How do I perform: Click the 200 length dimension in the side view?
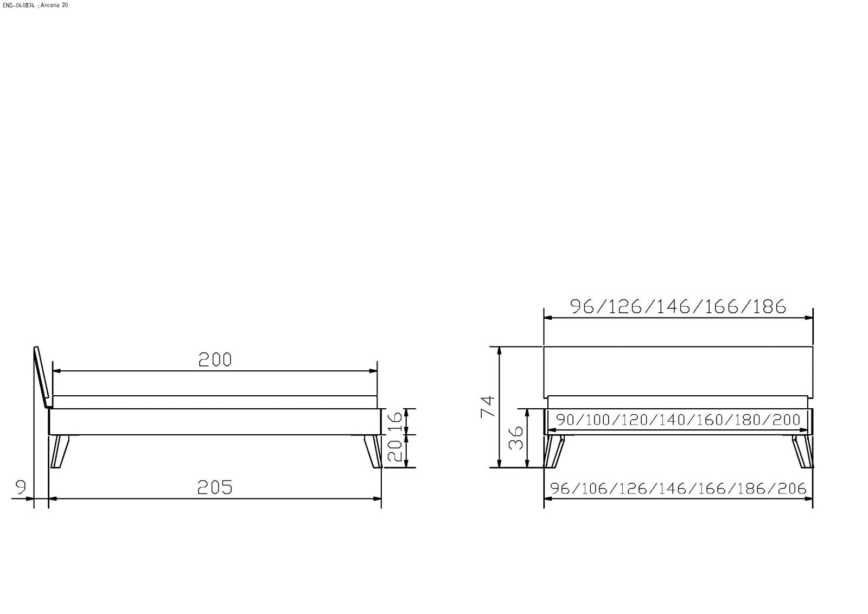point(215,359)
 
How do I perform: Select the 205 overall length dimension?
point(215,487)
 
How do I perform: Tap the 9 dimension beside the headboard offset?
point(21,487)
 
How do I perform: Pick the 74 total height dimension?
point(488,407)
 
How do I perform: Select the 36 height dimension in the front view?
point(515,438)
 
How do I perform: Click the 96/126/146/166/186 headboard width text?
point(678,306)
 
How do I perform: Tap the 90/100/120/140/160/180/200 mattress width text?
point(678,420)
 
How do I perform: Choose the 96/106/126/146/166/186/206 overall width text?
point(678,489)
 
